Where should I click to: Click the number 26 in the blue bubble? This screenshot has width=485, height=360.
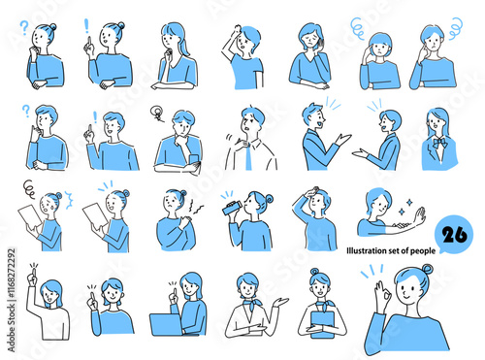tap(455, 235)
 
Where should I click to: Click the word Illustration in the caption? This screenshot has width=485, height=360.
tap(365, 250)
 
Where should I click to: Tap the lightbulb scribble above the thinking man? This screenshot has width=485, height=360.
tap(157, 114)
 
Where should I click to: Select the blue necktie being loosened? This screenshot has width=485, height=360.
tap(248, 156)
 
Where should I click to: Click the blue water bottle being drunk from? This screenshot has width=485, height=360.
tap(232, 208)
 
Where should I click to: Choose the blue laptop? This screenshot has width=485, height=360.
tap(166, 324)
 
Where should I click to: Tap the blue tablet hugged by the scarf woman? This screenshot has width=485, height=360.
tap(322, 324)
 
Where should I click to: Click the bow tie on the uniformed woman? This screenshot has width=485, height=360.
tap(440, 143)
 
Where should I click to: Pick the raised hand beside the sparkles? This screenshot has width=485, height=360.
tap(420, 216)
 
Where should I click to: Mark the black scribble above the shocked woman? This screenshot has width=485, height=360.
tap(29, 189)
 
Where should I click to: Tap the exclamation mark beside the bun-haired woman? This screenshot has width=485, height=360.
tap(86, 26)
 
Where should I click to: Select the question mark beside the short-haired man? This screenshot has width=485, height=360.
tap(26, 111)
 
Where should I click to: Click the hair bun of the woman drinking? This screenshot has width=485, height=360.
tap(269, 198)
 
